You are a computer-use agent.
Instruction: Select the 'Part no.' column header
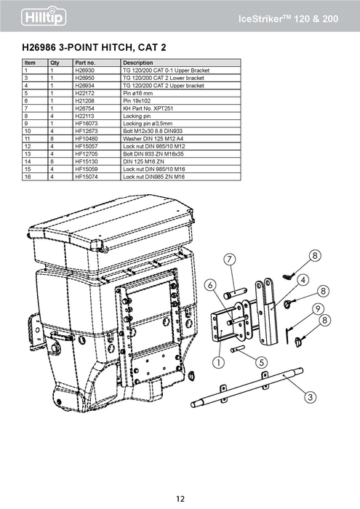pyautogui.click(x=85, y=63)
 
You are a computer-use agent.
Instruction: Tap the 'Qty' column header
pyautogui.click(x=55, y=63)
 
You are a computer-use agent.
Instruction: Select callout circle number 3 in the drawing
pyautogui.click(x=311, y=396)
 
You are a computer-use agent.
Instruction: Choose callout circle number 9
pyautogui.click(x=319, y=309)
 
